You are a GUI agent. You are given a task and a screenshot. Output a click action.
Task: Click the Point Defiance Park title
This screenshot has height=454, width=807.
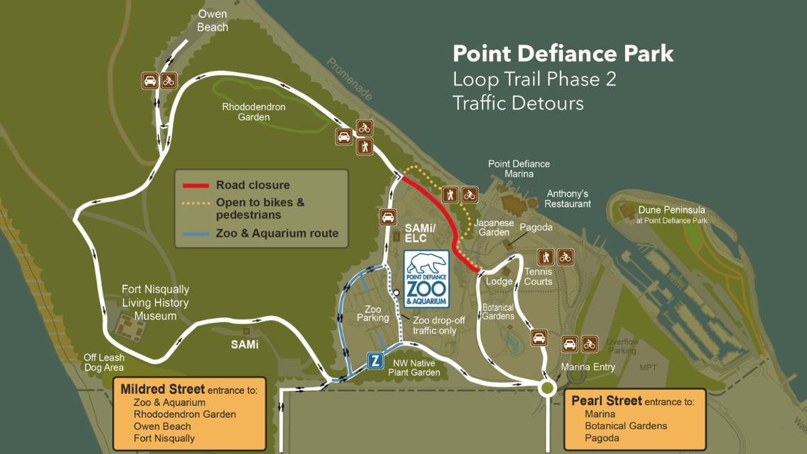pyautogui.click(x=563, y=54)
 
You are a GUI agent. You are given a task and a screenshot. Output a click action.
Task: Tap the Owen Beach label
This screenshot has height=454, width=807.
pyautogui.click(x=212, y=21)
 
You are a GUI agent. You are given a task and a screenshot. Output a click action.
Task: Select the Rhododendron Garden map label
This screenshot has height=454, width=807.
pyautogui.click(x=253, y=112)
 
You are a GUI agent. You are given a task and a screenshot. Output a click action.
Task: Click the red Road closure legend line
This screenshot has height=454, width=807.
pyautogui.click(x=196, y=186)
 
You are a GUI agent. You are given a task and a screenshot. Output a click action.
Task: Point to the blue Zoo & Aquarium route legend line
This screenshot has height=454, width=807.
pyautogui.click(x=196, y=234)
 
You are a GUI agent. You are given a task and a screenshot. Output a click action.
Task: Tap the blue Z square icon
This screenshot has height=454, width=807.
pyautogui.click(x=375, y=361)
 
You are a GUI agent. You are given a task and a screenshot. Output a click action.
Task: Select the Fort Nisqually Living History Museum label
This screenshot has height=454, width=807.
pyautogui.click(x=155, y=302)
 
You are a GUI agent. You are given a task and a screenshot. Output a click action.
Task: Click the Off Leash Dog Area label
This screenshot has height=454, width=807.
pyautogui.click(x=104, y=363)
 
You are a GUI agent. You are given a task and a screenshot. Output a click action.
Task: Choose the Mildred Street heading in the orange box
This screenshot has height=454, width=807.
pyautogui.click(x=163, y=390)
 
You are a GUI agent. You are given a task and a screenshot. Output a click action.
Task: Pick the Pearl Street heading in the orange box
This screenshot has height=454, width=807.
pyautogui.click(x=607, y=401)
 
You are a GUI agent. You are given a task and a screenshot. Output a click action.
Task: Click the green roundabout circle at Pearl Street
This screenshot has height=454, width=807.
pyautogui.click(x=546, y=387)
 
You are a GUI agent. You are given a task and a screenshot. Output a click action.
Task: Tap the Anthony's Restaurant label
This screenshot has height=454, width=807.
pyautogui.click(x=567, y=199)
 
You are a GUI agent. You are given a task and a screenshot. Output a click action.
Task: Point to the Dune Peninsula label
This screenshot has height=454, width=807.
pyautogui.click(x=671, y=210)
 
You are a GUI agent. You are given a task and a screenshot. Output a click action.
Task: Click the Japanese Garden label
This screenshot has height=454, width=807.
pyautogui.click(x=494, y=227)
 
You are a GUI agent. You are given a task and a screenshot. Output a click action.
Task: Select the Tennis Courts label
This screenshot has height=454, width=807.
pyautogui.click(x=538, y=277)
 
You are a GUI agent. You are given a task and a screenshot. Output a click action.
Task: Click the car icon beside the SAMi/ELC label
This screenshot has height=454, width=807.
pyautogui.click(x=388, y=217)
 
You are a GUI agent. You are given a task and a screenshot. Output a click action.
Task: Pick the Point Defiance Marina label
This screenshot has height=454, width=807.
pyautogui.click(x=519, y=169)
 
